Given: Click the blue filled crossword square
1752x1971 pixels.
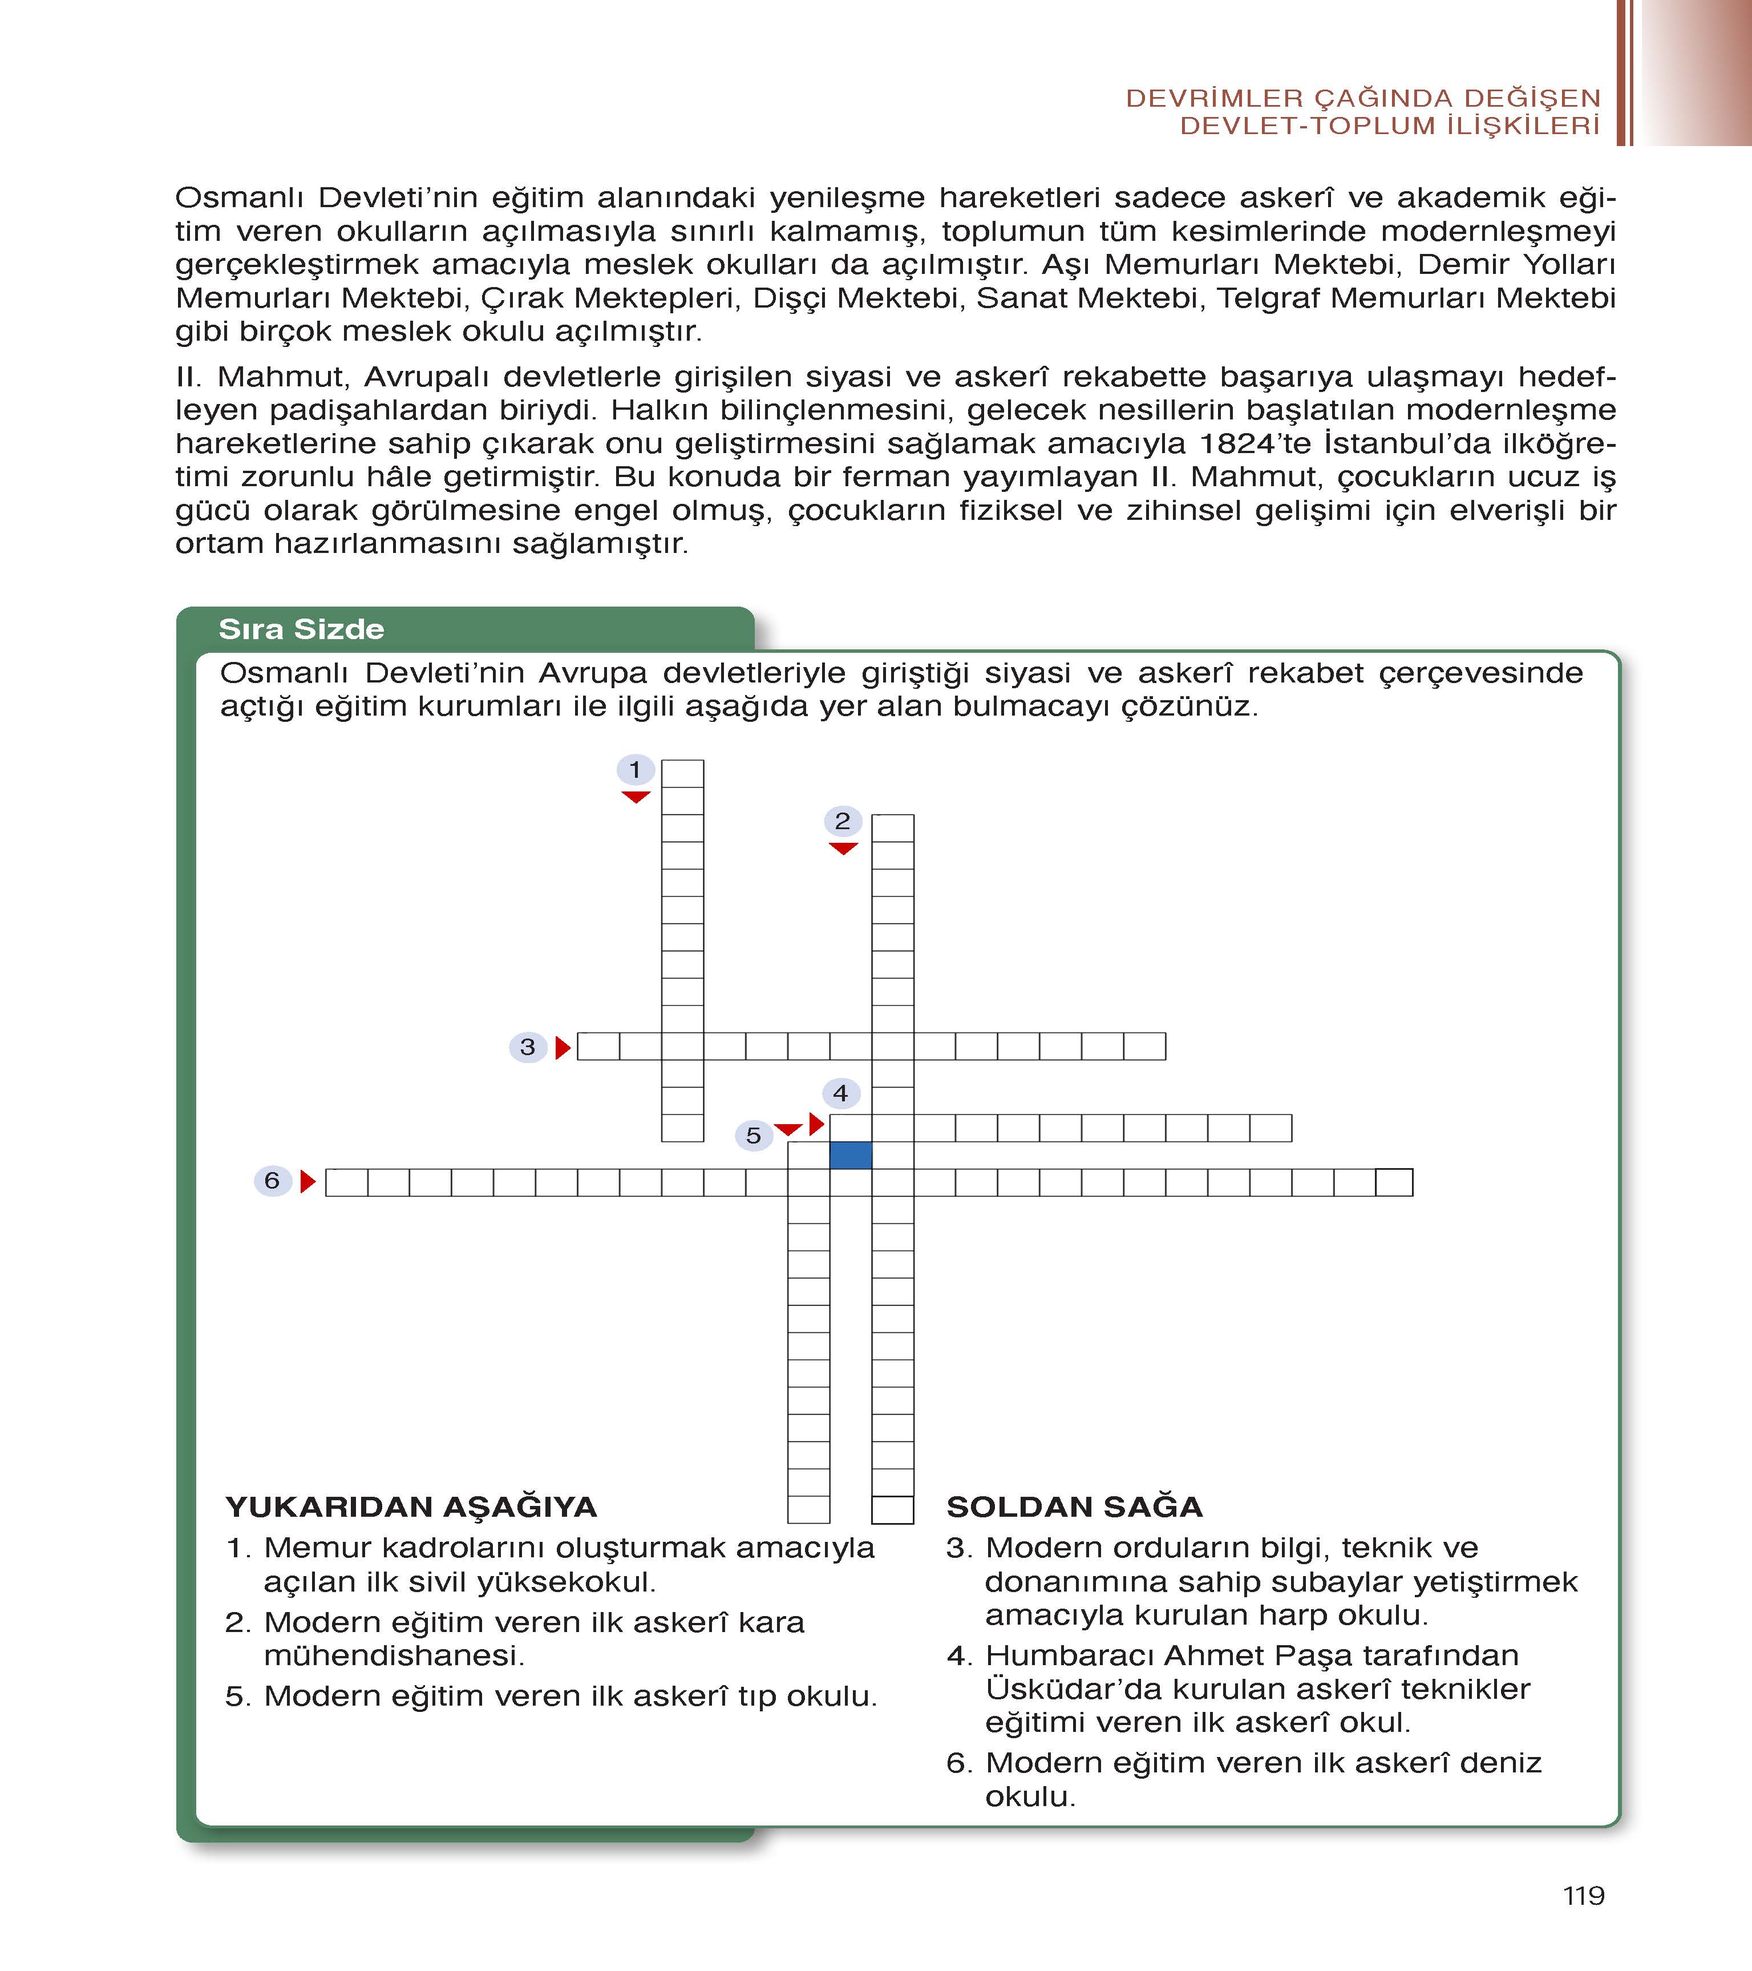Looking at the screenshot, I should click(x=851, y=1154).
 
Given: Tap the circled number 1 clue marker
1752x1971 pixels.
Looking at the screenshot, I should click(x=636, y=769).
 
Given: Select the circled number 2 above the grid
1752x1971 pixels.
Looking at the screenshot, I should click(x=843, y=821).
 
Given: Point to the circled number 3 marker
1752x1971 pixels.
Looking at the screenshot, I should click(x=528, y=1046).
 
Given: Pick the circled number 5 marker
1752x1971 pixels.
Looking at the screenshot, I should click(x=754, y=1135).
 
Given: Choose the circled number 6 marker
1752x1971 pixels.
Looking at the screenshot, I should click(x=272, y=1180).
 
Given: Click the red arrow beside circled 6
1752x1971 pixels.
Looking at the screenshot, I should click(x=307, y=1181).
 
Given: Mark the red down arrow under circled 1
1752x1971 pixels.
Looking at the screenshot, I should click(x=636, y=797).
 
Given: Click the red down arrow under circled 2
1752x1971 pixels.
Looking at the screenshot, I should click(x=843, y=849).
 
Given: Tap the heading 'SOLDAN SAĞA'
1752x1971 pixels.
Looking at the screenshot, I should click(x=1074, y=1507).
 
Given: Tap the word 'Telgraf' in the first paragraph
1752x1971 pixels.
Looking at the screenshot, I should click(x=1267, y=298).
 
